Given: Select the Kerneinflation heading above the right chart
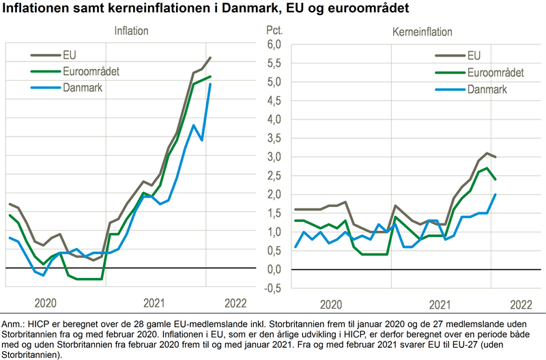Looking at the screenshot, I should (x=422, y=31).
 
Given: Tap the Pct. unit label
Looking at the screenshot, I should (x=274, y=31).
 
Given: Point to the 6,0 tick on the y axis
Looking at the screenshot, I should (x=274, y=44).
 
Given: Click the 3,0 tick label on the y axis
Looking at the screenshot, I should (x=274, y=156).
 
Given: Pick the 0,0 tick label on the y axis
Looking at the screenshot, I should (x=274, y=269).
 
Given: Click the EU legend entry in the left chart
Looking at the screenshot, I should (x=70, y=54).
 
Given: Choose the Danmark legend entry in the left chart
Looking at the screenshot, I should (x=81, y=87).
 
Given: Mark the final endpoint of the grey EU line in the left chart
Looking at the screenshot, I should (x=210, y=58).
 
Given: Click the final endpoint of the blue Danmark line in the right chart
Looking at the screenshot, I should (x=495, y=194).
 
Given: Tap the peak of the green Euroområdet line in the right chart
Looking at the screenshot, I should (x=486, y=168).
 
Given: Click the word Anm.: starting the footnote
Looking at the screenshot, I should (x=15, y=323).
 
